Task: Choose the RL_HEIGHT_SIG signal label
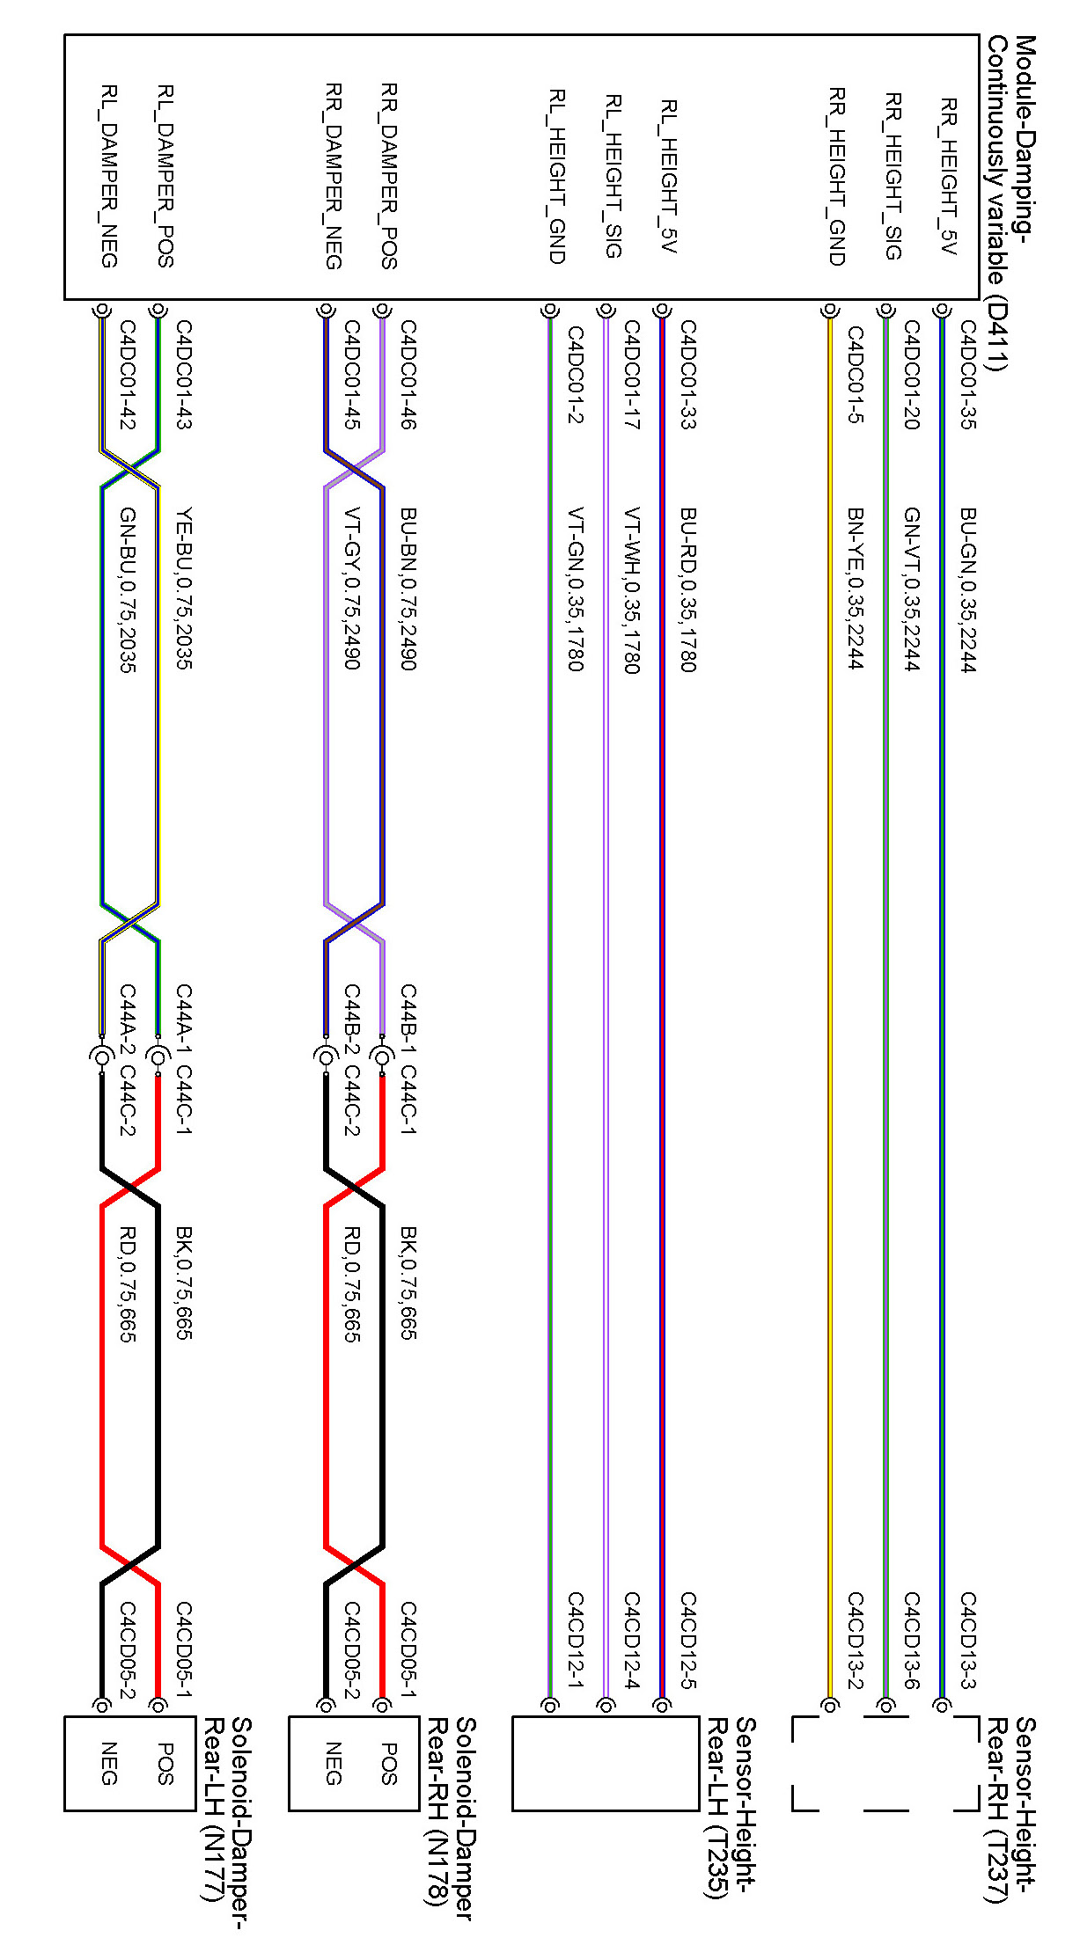coord(613,176)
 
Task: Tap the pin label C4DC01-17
coord(631,375)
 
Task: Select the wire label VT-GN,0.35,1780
coord(575,589)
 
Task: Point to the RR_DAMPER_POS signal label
coord(389,176)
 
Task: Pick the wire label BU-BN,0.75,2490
coord(408,589)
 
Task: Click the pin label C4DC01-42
coord(127,375)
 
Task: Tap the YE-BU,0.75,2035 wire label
coord(183,589)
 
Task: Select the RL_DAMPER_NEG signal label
coord(109,176)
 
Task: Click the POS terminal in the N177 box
coord(165,1763)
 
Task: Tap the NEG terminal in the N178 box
coord(333,1763)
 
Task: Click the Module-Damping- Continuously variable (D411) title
coord(1010,202)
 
